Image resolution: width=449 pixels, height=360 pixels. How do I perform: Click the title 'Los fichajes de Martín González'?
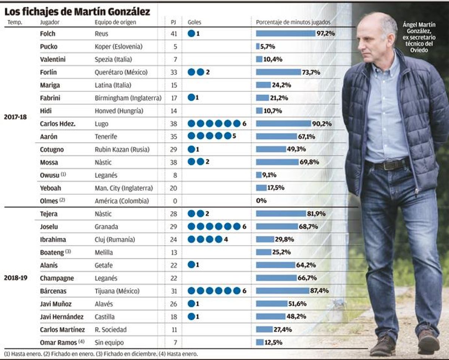pyautogui.click(x=77, y=12)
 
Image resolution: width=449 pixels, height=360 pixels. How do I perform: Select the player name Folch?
pyautogui.click(x=48, y=33)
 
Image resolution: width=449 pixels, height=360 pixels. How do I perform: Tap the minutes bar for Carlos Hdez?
pyautogui.click(x=283, y=123)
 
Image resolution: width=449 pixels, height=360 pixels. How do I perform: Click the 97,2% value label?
pyautogui.click(x=326, y=33)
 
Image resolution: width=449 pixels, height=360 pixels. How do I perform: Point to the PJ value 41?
pyautogui.click(x=173, y=33)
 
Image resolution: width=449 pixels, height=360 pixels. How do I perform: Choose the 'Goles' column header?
pyautogui.click(x=194, y=22)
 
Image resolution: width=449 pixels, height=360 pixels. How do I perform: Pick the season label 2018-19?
pyautogui.click(x=15, y=278)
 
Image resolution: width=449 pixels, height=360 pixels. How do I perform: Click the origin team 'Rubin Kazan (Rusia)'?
pyautogui.click(x=122, y=149)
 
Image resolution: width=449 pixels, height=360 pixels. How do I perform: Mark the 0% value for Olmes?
pyautogui.click(x=261, y=201)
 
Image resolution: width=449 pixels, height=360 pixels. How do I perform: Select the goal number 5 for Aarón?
pyautogui.click(x=234, y=137)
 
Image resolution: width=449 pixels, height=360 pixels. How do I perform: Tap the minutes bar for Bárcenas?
pyautogui.click(x=282, y=291)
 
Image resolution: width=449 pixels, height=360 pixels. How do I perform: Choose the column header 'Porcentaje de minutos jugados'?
pyautogui.click(x=293, y=22)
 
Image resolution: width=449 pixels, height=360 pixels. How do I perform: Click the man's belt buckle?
pyautogui.click(x=390, y=165)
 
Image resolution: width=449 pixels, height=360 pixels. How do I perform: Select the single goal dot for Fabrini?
pyautogui.click(x=191, y=98)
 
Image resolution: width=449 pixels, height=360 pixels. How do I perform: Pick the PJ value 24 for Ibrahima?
pyautogui.click(x=173, y=240)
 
